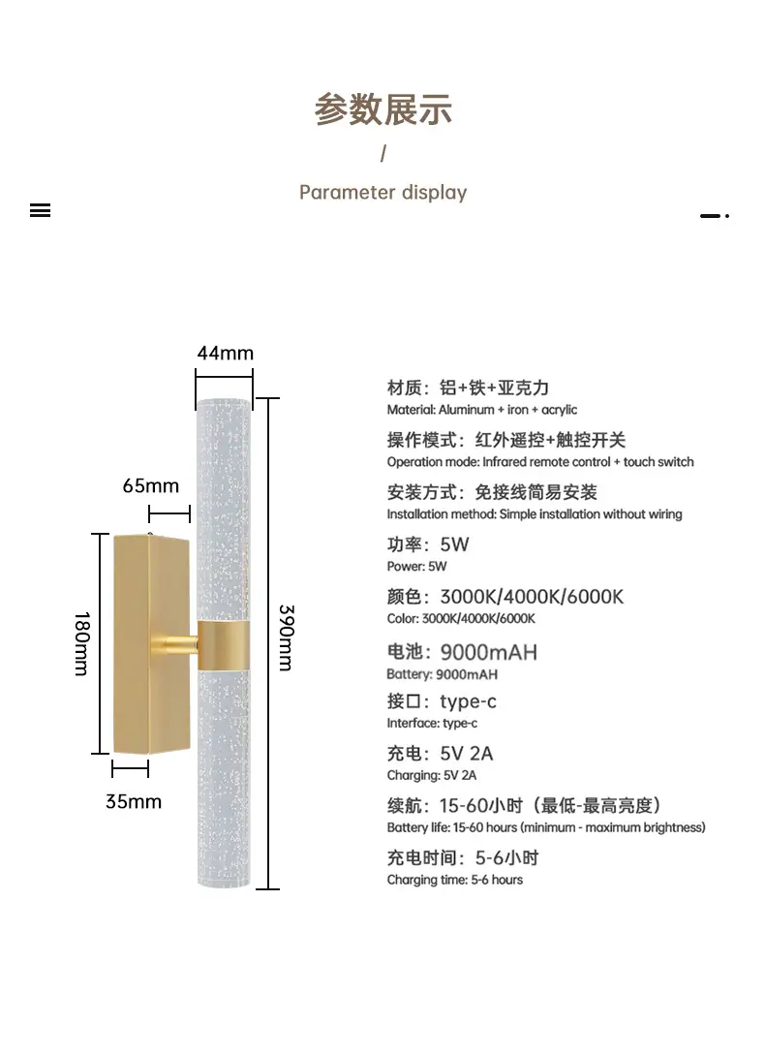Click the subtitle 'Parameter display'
click(382, 192)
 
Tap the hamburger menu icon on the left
click(40, 210)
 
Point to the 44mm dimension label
click(225, 353)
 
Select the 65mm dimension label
click(151, 485)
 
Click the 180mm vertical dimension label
click(82, 643)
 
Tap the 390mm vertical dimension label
click(286, 637)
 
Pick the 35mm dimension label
click(134, 801)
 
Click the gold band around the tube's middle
click(224, 643)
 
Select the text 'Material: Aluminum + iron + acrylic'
click(482, 410)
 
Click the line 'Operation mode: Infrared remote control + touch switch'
click(540, 462)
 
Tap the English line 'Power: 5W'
click(416, 566)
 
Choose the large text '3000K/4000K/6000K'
click(532, 596)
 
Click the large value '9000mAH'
click(488, 652)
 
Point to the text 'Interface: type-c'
click(432, 723)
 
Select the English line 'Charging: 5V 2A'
click(432, 775)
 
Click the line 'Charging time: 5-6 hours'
click(454, 880)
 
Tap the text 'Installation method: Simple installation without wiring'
click(535, 513)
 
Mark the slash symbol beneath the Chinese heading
click(383, 153)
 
